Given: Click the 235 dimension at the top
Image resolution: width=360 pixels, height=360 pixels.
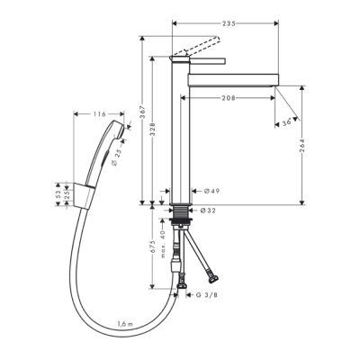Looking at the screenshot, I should click(238, 24).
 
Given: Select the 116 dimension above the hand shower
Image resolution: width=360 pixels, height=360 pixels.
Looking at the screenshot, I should click(99, 114).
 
